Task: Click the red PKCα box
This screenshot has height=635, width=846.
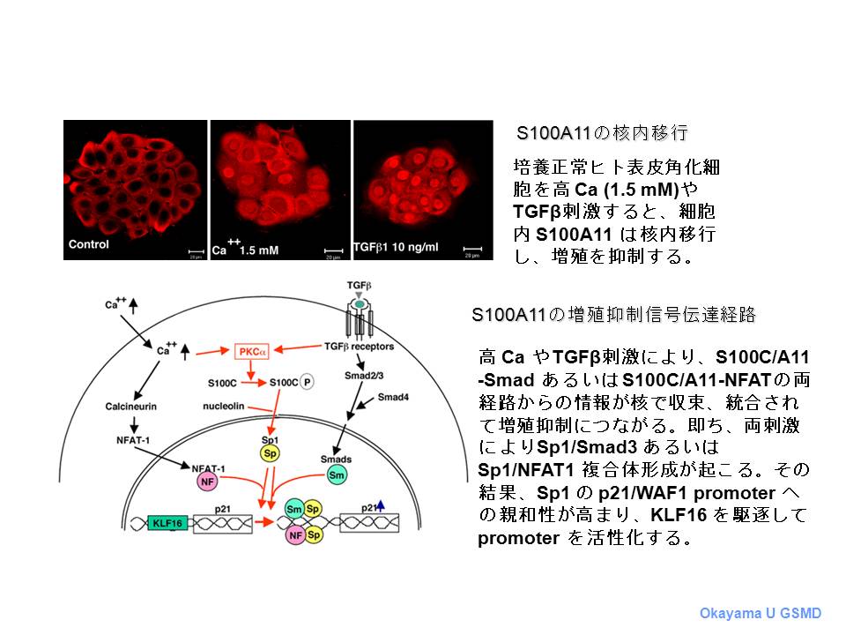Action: pos(251,352)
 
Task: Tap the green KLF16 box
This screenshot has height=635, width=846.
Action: pos(167,523)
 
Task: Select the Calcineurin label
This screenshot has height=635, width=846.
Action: pos(131,406)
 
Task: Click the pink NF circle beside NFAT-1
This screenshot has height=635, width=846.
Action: pos(207,482)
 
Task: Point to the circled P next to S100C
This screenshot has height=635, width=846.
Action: pos(307,382)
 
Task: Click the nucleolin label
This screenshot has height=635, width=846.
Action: pos(223,406)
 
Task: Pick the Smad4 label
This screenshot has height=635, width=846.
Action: pos(393,397)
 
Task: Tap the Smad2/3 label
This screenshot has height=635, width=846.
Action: pos(364,376)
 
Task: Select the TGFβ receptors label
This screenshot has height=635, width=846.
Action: pos(359,346)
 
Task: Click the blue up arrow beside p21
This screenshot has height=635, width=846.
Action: pos(381,505)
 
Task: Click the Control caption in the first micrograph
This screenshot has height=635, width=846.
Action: pos(88,244)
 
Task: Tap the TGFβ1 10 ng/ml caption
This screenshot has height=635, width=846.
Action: pos(396,247)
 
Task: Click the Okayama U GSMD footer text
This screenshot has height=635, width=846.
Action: pos(761,614)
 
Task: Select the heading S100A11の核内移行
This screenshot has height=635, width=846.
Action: pos(602,133)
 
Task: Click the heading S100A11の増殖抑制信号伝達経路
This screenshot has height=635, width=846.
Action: pos(613,314)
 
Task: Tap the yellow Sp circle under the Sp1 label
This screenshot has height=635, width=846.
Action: pos(270,453)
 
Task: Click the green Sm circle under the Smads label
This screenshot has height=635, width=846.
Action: pos(337,475)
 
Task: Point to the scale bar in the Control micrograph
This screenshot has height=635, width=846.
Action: pos(196,251)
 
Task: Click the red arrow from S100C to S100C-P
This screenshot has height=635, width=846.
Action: pos(254,383)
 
